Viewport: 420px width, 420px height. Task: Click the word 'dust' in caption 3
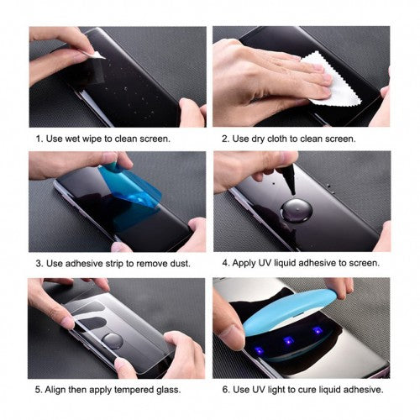tap(175, 264)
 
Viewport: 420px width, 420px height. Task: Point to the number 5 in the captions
tap(39, 390)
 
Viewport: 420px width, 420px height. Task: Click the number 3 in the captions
tap(39, 264)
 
